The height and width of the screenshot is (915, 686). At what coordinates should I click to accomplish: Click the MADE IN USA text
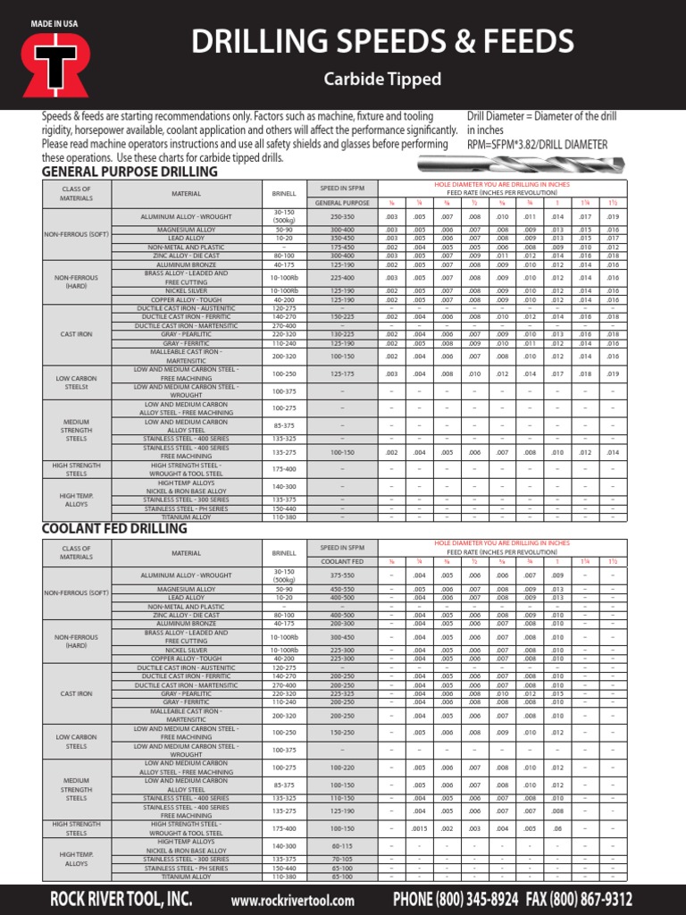(x=54, y=21)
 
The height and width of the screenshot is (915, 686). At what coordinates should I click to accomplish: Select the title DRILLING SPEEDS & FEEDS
(x=382, y=41)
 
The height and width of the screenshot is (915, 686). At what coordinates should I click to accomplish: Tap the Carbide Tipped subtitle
(x=382, y=80)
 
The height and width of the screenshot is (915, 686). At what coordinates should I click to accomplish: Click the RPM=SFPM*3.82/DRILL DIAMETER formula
(x=537, y=144)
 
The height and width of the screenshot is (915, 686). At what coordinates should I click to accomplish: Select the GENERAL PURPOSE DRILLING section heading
(x=130, y=172)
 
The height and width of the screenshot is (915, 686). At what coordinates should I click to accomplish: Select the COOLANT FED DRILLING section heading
(x=114, y=528)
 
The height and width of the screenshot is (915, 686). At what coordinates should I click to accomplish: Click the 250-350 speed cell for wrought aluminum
(x=342, y=216)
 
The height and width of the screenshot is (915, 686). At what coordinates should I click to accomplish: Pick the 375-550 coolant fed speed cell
(x=342, y=575)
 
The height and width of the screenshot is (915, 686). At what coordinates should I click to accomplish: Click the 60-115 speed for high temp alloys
(x=342, y=845)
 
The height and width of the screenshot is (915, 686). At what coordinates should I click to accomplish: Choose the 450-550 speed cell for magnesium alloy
(x=342, y=590)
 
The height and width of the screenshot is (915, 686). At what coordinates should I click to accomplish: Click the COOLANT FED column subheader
(x=342, y=561)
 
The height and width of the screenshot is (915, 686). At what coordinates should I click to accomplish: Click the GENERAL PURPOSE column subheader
(x=342, y=203)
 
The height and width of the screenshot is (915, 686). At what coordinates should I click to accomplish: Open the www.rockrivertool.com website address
(x=293, y=901)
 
